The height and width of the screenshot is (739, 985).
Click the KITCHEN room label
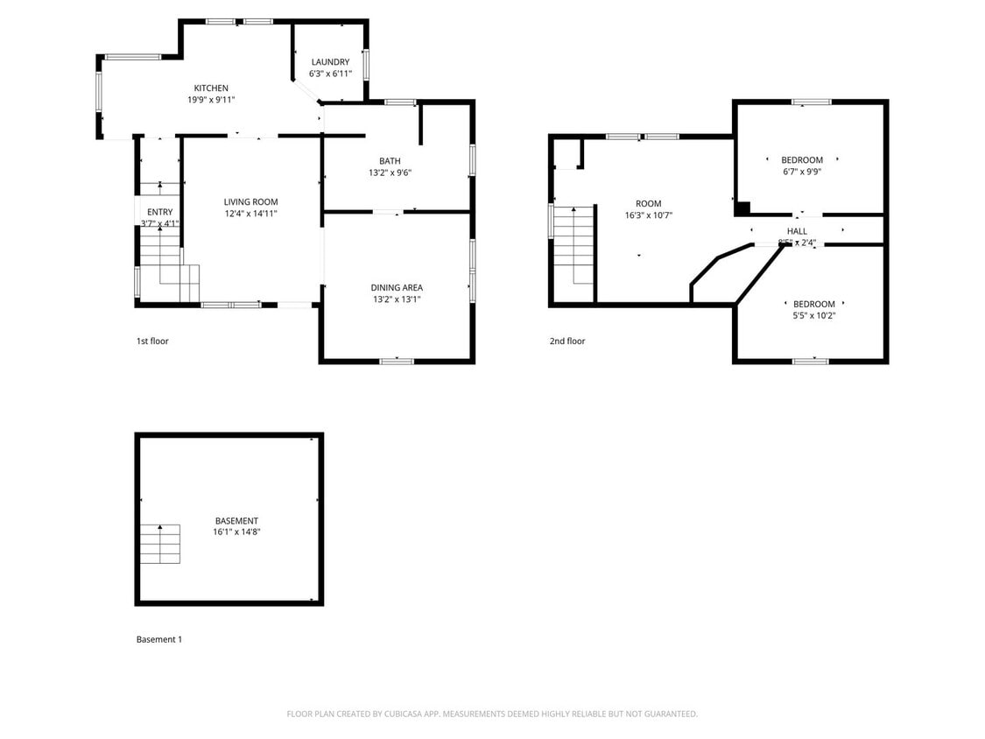tap(211, 88)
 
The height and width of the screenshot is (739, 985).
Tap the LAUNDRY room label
tap(330, 62)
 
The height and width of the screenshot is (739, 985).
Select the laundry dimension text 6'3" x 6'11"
tap(330, 74)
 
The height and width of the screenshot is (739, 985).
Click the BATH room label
tap(390, 161)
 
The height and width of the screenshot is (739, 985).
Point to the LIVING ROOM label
tap(250, 202)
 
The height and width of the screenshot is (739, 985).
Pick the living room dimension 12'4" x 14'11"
tap(250, 214)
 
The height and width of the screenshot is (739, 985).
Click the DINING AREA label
tap(397, 288)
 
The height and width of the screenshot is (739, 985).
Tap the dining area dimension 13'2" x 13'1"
tap(397, 299)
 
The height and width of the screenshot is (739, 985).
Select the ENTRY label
tap(159, 212)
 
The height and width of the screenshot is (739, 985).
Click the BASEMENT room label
tap(236, 521)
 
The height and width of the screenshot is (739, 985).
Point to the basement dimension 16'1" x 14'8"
tap(236, 532)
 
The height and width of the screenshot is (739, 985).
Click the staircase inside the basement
tap(160, 544)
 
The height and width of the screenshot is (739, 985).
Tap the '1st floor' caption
tap(152, 341)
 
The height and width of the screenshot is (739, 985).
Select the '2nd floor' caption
tap(567, 341)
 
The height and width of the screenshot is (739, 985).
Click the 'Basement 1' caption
tap(159, 640)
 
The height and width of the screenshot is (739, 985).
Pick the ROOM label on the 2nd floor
tap(649, 204)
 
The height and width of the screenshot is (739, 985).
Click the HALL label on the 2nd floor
tap(797, 231)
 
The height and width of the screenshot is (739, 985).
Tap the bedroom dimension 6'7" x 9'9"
tap(802, 172)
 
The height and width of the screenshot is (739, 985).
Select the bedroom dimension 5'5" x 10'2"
tap(813, 316)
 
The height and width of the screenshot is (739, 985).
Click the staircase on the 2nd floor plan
tap(573, 245)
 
